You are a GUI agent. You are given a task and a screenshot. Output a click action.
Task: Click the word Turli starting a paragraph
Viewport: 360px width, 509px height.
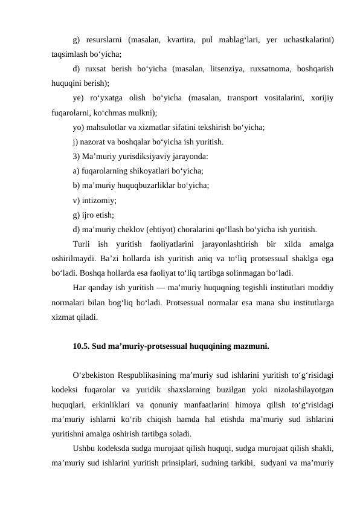[82, 245]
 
